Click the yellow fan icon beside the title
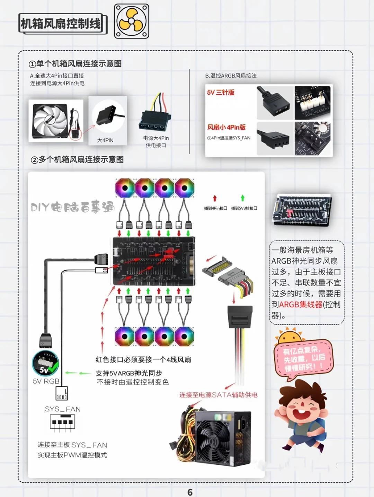[131, 21]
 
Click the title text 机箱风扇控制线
[61, 24]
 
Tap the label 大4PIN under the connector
[105, 140]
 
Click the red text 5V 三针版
[221, 92]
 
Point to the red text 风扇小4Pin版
[226, 127]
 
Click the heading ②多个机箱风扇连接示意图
[77, 159]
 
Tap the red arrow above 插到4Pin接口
[215, 198]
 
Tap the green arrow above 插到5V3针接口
[243, 198]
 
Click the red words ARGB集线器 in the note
[301, 305]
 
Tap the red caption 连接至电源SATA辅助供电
[218, 395]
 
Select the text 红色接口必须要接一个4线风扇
[143, 359]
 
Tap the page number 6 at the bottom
[190, 492]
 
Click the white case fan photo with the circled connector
[56, 121]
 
